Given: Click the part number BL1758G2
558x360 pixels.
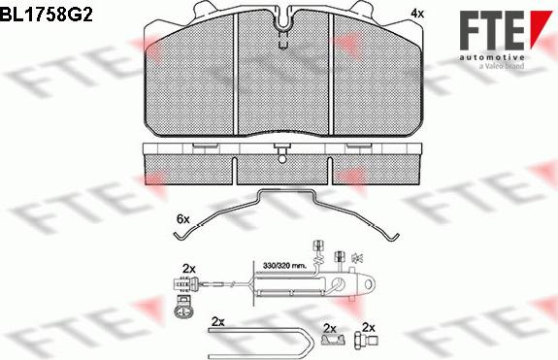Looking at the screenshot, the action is tap(47, 15).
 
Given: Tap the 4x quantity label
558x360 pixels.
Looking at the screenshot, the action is tap(417, 14).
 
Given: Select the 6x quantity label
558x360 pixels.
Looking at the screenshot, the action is tap(183, 219).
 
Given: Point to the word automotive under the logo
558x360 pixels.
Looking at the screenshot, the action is tap(492, 57).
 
